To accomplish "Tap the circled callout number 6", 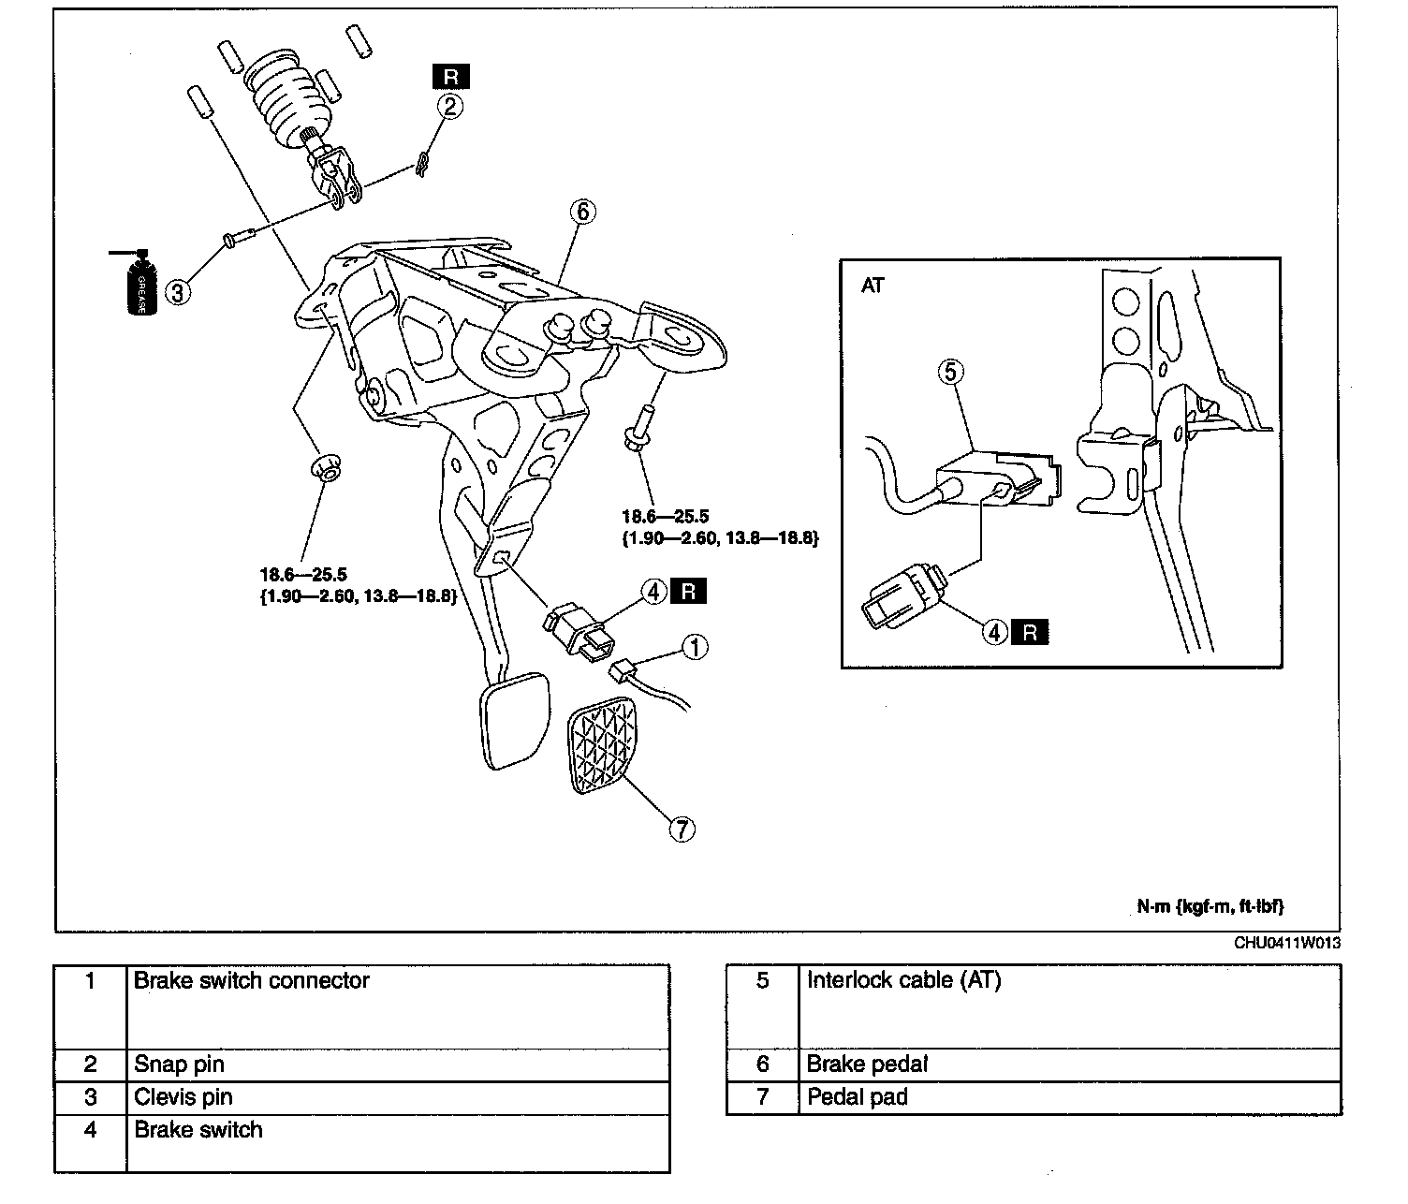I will coord(581,213).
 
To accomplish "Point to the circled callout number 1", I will coord(694,647).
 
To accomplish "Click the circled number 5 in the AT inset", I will coord(949,373).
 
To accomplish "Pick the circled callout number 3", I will coord(177,292).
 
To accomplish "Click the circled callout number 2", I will coord(450,107).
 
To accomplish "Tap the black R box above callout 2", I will coord(450,77).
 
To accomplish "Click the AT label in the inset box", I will coord(873,286).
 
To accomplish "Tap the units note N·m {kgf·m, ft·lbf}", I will coord(1210,906).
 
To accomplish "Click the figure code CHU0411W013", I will coord(1286,943).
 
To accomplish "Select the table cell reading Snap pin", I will coord(180,1065).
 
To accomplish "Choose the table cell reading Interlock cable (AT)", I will coord(903,981).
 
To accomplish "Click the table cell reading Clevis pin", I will coord(183,1097).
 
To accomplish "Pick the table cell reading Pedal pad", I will coord(858,1097).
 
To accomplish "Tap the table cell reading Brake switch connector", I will coord(252,981).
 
